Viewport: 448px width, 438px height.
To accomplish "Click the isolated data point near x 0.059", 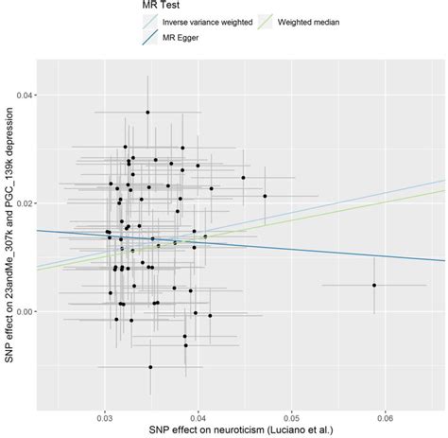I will (x=374, y=285).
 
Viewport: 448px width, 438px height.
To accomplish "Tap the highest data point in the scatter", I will (x=147, y=113).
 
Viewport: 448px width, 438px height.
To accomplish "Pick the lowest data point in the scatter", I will (x=150, y=367).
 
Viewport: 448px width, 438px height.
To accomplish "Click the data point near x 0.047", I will (x=265, y=196).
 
